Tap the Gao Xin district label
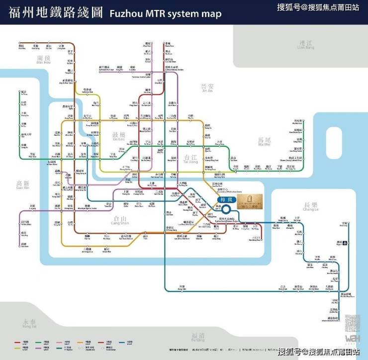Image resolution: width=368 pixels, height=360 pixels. coord(23,186)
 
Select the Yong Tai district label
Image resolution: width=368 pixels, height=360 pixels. coord(29,324)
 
